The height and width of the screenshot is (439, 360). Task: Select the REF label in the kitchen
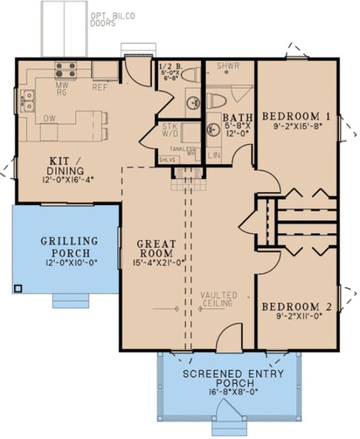[x=100, y=87]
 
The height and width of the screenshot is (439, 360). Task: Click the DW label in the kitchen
[x=49, y=118]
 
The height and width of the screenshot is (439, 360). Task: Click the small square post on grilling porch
[x=18, y=288]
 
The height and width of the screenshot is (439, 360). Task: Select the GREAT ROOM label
[x=155, y=249]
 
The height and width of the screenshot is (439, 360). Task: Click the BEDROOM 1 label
[x=296, y=115]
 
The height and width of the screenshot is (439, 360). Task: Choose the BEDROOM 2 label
[x=296, y=307]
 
